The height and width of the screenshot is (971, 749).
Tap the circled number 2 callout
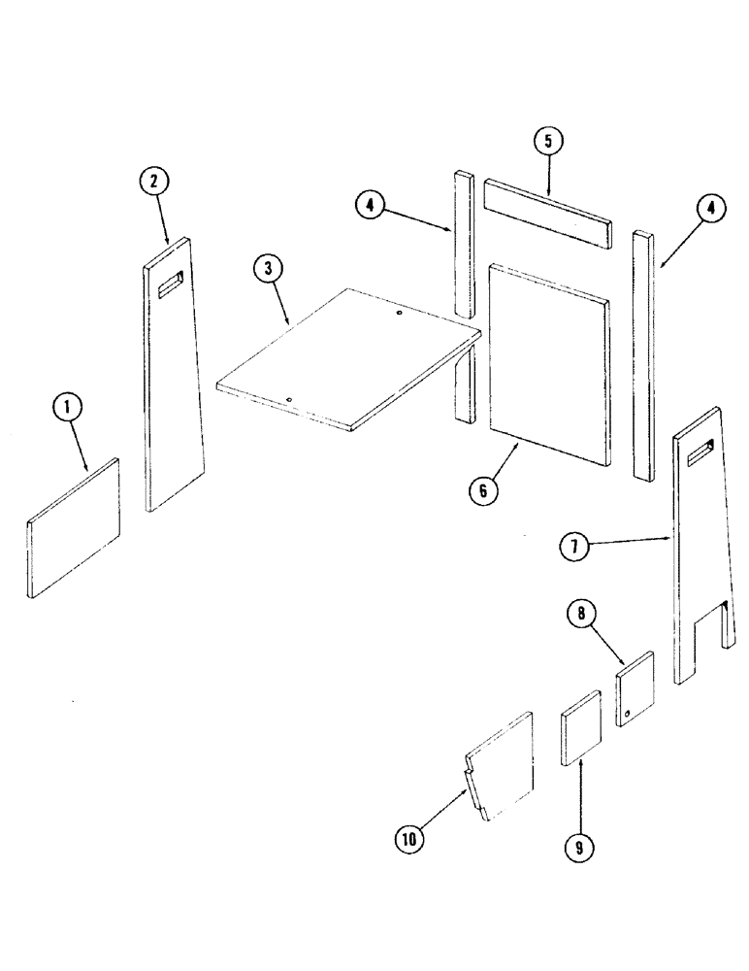[x=153, y=181]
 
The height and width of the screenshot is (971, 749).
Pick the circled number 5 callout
[x=547, y=141]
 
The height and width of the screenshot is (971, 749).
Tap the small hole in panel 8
[x=629, y=714]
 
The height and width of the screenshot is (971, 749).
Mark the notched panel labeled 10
[x=503, y=767]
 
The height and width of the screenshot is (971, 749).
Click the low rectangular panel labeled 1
[x=74, y=527]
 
